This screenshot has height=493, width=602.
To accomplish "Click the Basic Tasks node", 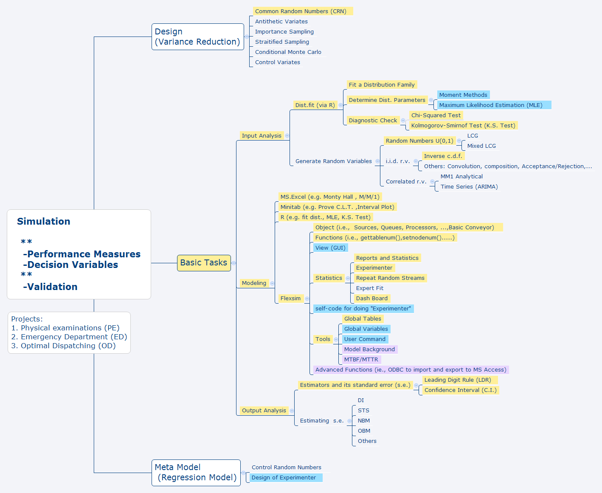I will click(x=204, y=263).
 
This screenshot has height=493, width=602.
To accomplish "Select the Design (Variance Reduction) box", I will click(x=197, y=37).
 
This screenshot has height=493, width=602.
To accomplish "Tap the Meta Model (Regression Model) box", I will click(x=196, y=473).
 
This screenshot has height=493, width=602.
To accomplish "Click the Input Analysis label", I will click(x=262, y=136).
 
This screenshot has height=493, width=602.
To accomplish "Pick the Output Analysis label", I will click(x=264, y=411).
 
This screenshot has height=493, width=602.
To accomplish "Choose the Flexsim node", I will click(x=290, y=299).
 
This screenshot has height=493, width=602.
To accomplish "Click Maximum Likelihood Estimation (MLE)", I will click(x=491, y=105).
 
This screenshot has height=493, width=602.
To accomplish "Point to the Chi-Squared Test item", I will click(x=436, y=116).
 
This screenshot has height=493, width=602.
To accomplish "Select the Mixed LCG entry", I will click(x=481, y=146).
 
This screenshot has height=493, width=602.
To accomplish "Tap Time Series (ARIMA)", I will click(x=469, y=187).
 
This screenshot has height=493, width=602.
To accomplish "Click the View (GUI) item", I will click(x=330, y=248).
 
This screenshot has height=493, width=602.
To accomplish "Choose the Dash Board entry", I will click(x=371, y=299).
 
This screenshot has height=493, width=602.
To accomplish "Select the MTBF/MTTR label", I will click(x=361, y=360).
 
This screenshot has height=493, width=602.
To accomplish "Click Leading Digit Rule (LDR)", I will click(x=458, y=380).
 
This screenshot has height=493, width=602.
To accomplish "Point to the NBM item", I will click(x=364, y=421).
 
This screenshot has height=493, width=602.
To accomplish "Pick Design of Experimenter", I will click(x=284, y=478).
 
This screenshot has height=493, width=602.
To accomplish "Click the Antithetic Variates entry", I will click(x=281, y=22).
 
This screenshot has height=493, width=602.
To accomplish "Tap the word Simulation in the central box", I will click(x=44, y=221).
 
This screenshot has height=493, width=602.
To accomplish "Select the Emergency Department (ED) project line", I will click(x=69, y=337).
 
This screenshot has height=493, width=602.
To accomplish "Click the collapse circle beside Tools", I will click(x=336, y=339).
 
